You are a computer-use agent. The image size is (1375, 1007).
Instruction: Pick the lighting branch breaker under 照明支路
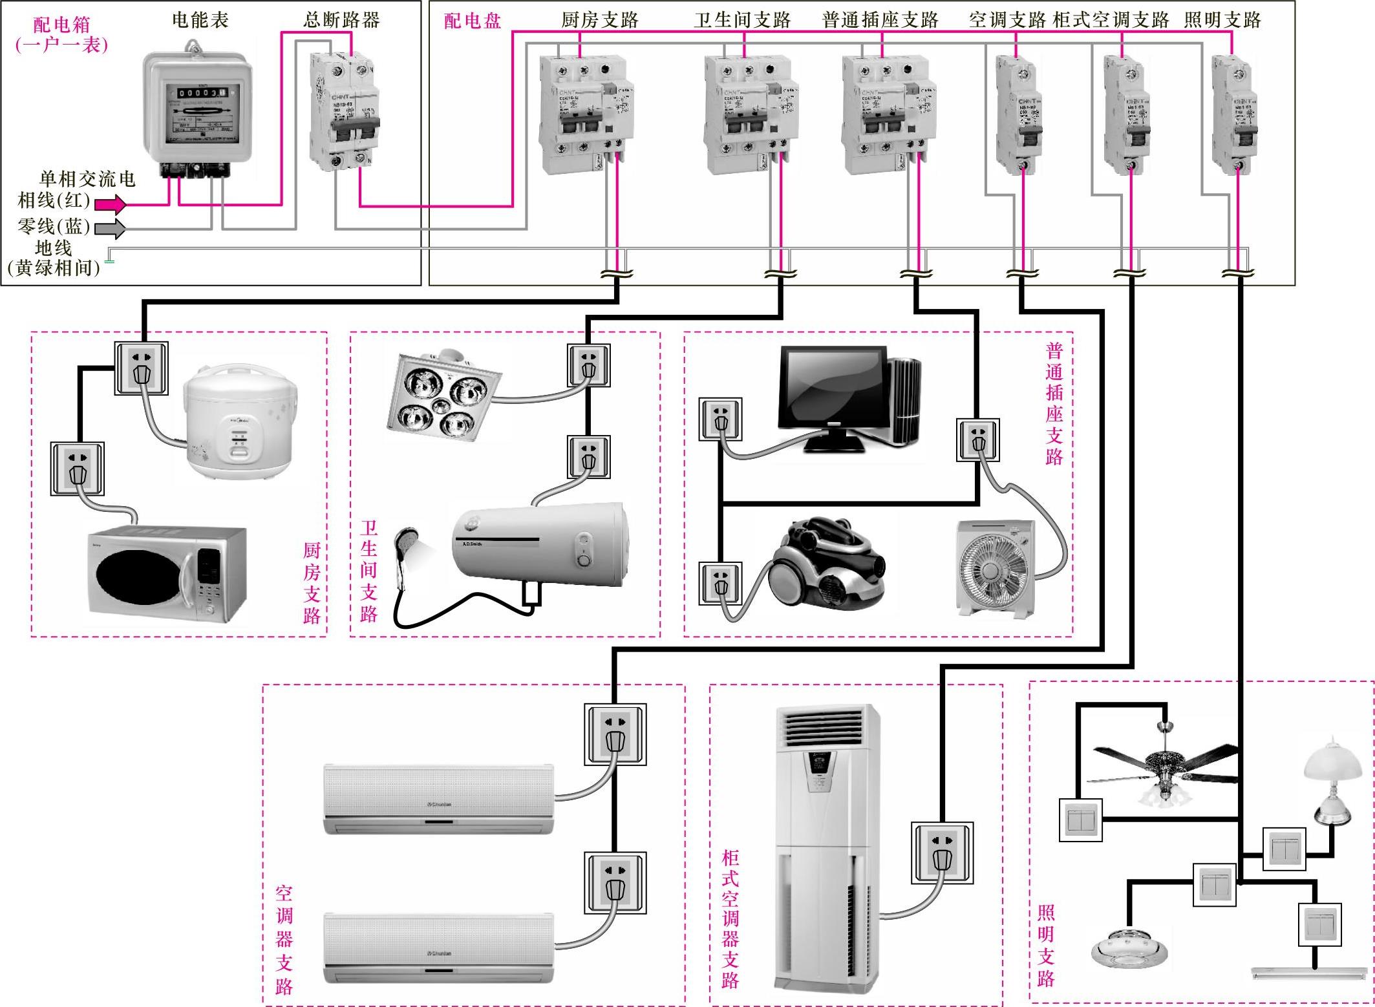click(1233, 114)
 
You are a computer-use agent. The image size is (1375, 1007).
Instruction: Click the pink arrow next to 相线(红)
click(111, 205)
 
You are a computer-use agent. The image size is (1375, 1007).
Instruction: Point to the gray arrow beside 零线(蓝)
click(110, 228)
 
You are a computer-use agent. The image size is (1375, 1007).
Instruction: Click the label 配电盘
click(473, 21)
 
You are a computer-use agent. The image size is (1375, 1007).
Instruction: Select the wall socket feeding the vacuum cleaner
click(720, 583)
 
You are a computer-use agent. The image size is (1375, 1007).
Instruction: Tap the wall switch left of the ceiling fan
click(1081, 820)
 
